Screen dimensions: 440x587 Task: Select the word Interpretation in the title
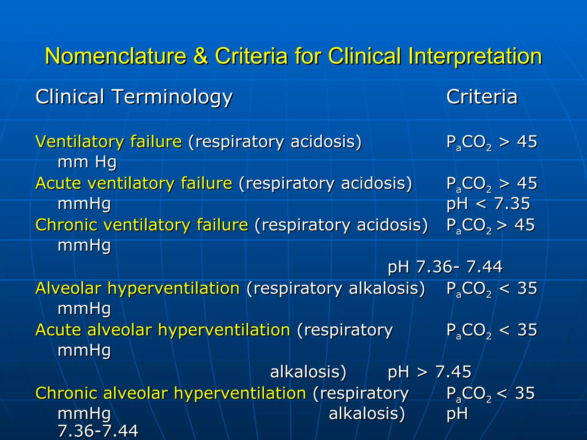(x=475, y=57)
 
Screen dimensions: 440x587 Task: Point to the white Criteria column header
(x=482, y=97)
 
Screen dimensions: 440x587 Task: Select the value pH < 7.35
(x=488, y=204)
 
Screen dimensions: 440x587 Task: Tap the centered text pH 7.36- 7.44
(x=445, y=267)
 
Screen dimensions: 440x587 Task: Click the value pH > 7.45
(x=429, y=372)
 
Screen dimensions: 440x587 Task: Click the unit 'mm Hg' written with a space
(x=87, y=162)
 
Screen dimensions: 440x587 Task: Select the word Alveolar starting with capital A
(x=68, y=288)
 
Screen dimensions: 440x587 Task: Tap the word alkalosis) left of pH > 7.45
(x=308, y=372)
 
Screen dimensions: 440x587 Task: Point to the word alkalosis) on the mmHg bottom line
(x=367, y=414)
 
